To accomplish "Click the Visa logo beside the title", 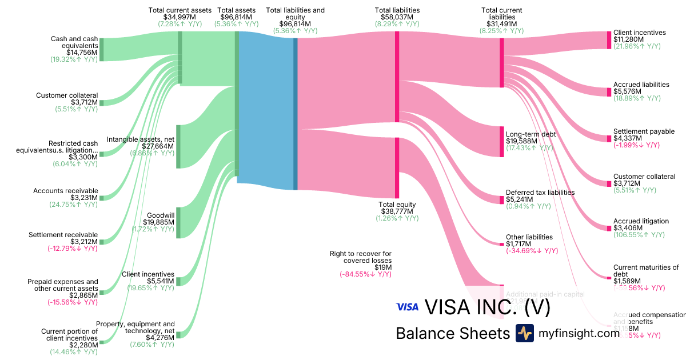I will click(x=407, y=307).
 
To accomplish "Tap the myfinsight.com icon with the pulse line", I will click(x=524, y=333).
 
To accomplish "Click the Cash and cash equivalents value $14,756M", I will click(x=82, y=52).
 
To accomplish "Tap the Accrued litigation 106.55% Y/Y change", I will click(x=639, y=235).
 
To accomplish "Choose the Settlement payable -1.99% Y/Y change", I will click(x=636, y=145).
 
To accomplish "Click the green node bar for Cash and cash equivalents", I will click(x=102, y=49).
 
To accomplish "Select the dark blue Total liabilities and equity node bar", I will click(x=296, y=114).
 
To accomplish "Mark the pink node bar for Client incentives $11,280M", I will click(x=609, y=40).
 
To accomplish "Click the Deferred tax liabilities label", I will click(x=540, y=193).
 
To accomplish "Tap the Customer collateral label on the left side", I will click(x=67, y=95).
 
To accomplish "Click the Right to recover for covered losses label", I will click(x=360, y=257).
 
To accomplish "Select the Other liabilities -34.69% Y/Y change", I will click(x=532, y=251).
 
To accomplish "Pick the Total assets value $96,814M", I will click(x=237, y=17).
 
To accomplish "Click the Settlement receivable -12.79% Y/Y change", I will click(x=72, y=249).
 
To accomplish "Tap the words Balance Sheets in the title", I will click(x=452, y=333).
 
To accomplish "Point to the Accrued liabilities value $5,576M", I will click(x=628, y=91).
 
